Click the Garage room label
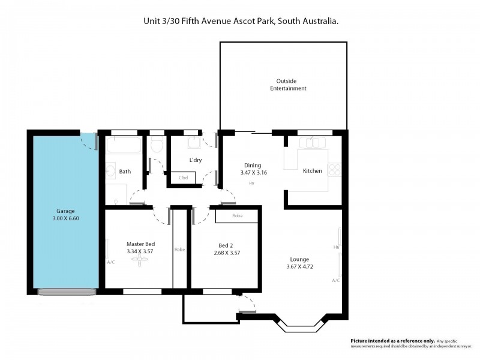tap(65, 211)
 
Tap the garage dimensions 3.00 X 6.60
tap(65, 218)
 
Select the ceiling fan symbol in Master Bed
tap(140, 261)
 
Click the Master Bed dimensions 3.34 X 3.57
tap(141, 252)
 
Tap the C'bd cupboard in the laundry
tap(184, 178)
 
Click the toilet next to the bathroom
tap(158, 145)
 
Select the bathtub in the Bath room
tap(124, 145)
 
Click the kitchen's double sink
tap(314, 143)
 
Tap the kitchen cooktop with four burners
tap(334, 171)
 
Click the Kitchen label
tap(312, 171)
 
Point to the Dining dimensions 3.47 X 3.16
tap(252, 173)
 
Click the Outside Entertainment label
tap(287, 85)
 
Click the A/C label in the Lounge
tap(336, 280)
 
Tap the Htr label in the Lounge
tap(337, 247)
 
